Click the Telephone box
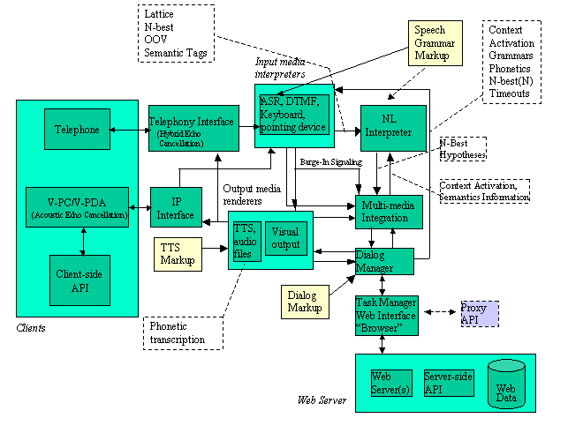pos(76,130)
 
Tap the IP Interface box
pos(176,208)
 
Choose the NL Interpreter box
pos(393,126)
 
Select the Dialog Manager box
pos(384,261)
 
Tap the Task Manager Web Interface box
pos(386,315)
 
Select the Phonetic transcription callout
pos(177,333)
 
